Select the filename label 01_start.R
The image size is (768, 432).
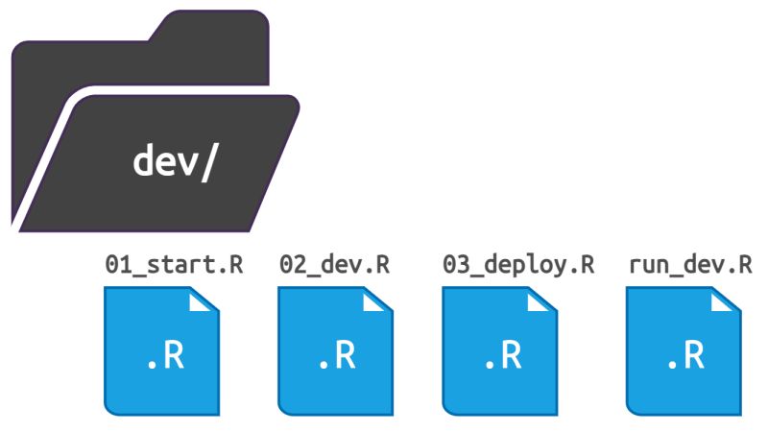click(x=174, y=266)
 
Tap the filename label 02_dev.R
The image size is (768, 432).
click(x=334, y=266)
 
